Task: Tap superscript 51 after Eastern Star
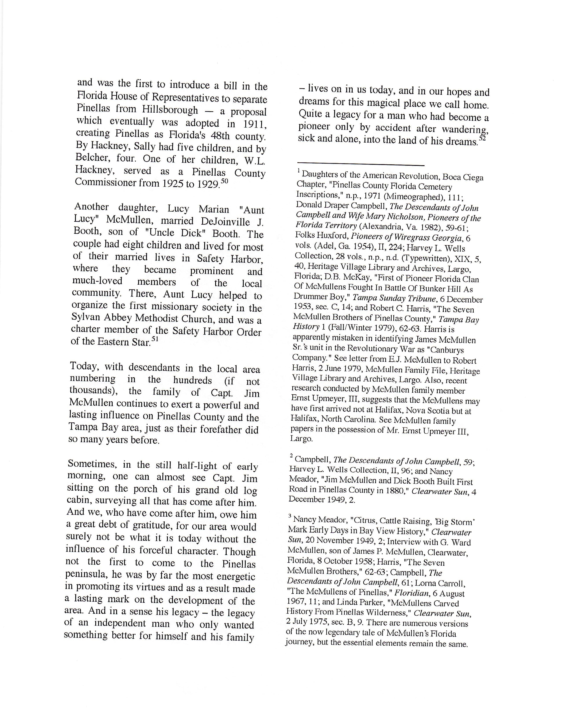click(x=155, y=339)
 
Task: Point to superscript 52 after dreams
click(x=482, y=138)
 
